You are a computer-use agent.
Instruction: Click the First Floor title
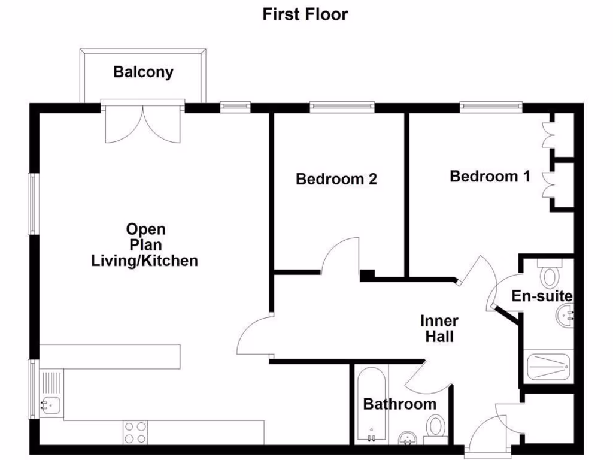pos(305,14)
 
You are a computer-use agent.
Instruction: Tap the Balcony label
pos(144,72)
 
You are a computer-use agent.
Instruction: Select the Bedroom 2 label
pos(336,178)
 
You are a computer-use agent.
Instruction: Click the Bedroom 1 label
pos(490,176)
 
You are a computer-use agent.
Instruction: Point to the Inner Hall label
pos(439,328)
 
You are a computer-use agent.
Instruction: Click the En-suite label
pos(542,296)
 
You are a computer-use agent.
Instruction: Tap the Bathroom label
pos(400,404)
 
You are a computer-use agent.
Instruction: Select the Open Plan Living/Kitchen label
pos(145,245)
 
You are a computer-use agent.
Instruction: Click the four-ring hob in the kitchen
pos(136,432)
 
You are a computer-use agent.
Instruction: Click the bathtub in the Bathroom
pos(372,404)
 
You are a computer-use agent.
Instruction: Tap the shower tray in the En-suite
pos(549,365)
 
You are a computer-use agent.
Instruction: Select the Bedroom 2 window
pos(342,107)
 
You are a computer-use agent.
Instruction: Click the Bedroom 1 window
pos(491,107)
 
